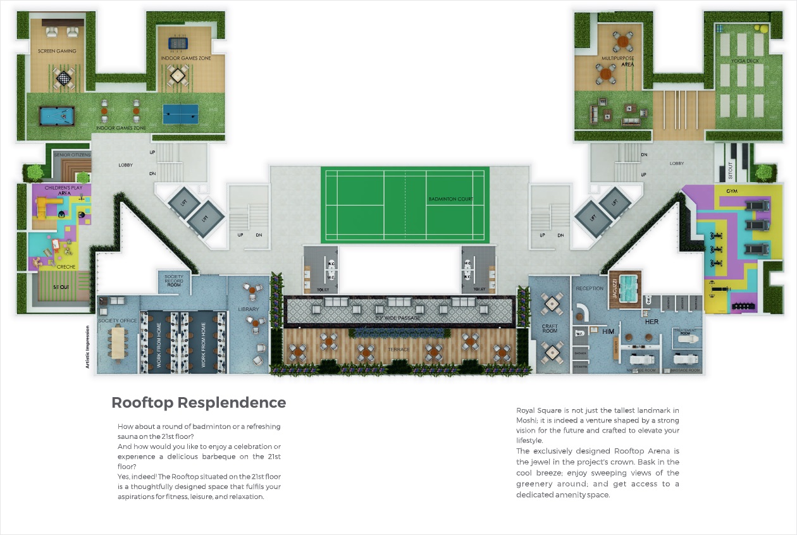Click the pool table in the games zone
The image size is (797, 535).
(x=58, y=116)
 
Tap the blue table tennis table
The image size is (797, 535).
(x=180, y=114)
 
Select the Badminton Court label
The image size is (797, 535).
(x=450, y=199)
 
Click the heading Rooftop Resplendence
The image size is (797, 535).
(x=199, y=403)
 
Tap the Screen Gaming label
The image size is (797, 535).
(x=57, y=51)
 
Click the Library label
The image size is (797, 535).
(x=249, y=309)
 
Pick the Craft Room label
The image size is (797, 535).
(x=550, y=329)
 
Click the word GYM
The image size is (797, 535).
(x=732, y=191)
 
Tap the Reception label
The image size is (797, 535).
(x=590, y=288)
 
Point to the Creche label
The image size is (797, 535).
(x=66, y=267)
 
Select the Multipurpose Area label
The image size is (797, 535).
(x=618, y=61)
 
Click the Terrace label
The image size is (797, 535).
(x=398, y=350)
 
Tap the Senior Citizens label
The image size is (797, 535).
(x=73, y=154)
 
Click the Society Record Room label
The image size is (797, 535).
(x=173, y=281)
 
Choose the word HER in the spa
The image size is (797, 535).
(x=652, y=322)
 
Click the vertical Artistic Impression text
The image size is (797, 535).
(x=88, y=347)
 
